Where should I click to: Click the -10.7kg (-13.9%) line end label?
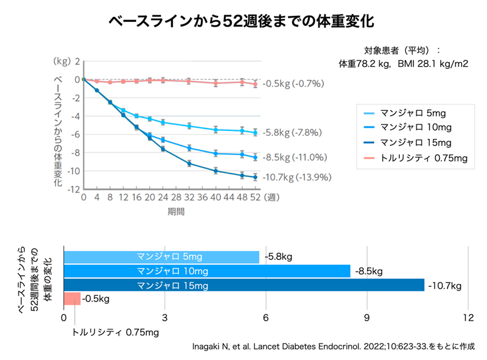297,178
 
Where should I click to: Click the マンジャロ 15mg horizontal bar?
243,285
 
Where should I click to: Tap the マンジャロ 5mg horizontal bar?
161,257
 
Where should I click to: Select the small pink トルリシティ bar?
72,298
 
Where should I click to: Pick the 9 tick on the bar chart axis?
366,318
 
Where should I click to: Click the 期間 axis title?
177,211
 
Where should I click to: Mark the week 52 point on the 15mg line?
256,177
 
